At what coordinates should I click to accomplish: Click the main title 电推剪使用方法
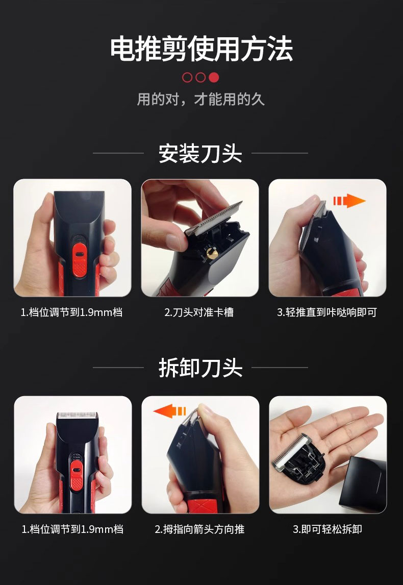tap(202, 49)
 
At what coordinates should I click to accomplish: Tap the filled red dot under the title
tap(214, 77)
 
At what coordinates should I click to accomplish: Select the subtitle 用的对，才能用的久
tap(201, 100)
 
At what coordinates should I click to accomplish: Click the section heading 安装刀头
tap(200, 153)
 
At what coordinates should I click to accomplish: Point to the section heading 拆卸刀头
tap(200, 368)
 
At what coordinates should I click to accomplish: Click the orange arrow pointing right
tap(349, 201)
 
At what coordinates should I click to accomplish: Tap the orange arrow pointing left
tap(170, 411)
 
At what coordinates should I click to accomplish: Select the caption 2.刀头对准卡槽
tap(199, 312)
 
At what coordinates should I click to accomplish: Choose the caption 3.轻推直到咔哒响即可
tap(327, 312)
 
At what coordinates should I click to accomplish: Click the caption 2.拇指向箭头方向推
tap(200, 529)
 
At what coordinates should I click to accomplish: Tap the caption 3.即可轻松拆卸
tap(328, 529)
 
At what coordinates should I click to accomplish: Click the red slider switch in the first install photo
tap(79, 258)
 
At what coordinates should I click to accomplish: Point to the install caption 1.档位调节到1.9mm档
tap(71, 312)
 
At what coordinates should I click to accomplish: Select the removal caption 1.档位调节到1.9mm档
tap(72, 529)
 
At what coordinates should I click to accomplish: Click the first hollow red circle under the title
tap(187, 77)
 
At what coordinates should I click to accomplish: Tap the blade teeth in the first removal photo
tap(77, 415)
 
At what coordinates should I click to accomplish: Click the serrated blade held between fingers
tap(215, 218)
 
